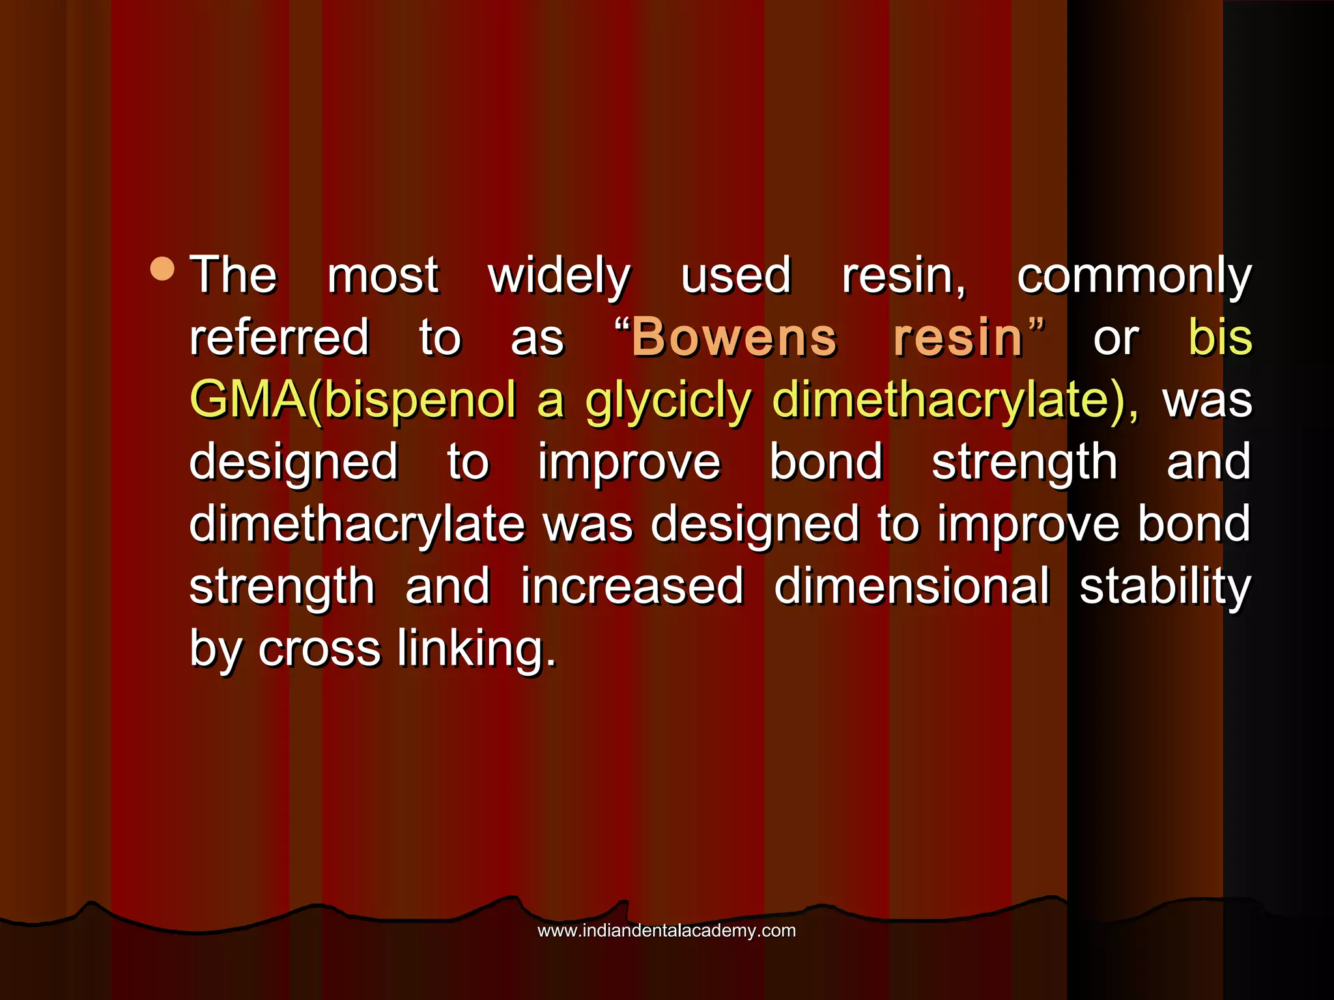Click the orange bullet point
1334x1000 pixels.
[x=162, y=269]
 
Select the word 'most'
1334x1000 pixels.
[x=383, y=276]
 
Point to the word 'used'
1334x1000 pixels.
[x=736, y=276]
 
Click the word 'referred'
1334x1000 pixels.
[x=279, y=337]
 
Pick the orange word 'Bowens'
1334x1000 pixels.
[x=734, y=337]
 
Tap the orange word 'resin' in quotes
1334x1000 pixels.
[x=958, y=337]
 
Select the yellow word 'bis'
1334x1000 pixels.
[x=1220, y=337]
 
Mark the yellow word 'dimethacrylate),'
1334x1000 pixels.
[x=955, y=400]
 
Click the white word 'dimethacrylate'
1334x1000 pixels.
[x=357, y=525]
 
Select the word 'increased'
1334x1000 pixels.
[x=632, y=586]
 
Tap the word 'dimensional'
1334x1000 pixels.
[x=912, y=586]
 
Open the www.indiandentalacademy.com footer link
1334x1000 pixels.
[x=666, y=930]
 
